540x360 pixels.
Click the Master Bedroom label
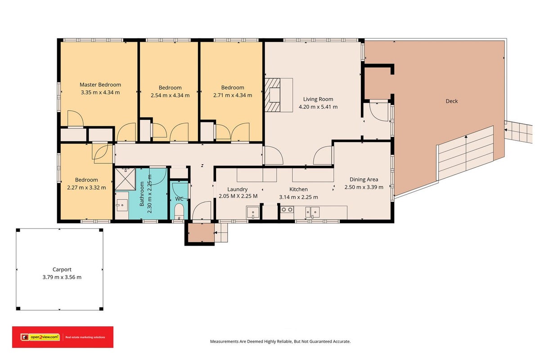coord(100,85)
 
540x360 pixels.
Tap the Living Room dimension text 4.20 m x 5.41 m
coord(318,107)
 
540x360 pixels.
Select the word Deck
coord(451,101)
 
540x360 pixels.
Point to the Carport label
coord(62,270)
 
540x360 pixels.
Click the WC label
coord(179,199)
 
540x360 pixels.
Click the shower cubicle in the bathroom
coord(125,179)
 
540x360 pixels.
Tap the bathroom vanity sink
coord(122,205)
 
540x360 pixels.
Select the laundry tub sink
coord(252,212)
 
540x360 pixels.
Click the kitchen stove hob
coord(287,210)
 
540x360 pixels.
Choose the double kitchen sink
coord(312,212)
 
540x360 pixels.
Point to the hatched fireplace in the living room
coord(273,95)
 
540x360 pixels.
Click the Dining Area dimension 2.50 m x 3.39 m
coord(364,187)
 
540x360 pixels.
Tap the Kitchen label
coord(298,189)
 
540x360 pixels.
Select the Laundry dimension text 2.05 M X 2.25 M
coord(238,196)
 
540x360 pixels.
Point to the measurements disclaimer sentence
coord(280,342)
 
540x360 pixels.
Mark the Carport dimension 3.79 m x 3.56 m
coord(62,277)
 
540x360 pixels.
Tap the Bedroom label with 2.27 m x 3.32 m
coord(86,180)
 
